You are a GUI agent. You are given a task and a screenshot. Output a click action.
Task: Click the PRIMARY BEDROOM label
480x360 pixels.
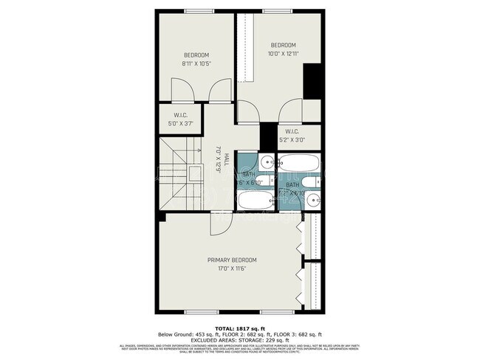tap(232, 260)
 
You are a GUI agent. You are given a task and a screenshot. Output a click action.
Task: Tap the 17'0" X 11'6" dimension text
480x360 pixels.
tap(232, 269)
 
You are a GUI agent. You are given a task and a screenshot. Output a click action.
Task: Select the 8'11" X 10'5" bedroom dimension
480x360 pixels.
tap(196, 64)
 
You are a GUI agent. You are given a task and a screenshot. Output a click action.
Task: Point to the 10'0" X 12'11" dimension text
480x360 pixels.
tap(283, 53)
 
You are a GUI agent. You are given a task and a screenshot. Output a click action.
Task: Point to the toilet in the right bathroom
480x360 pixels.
tap(315, 180)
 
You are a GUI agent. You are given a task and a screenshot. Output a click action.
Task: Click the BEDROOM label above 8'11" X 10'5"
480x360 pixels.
tap(196, 55)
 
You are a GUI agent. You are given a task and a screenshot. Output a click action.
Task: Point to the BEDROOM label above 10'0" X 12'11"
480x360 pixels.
tap(283, 44)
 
